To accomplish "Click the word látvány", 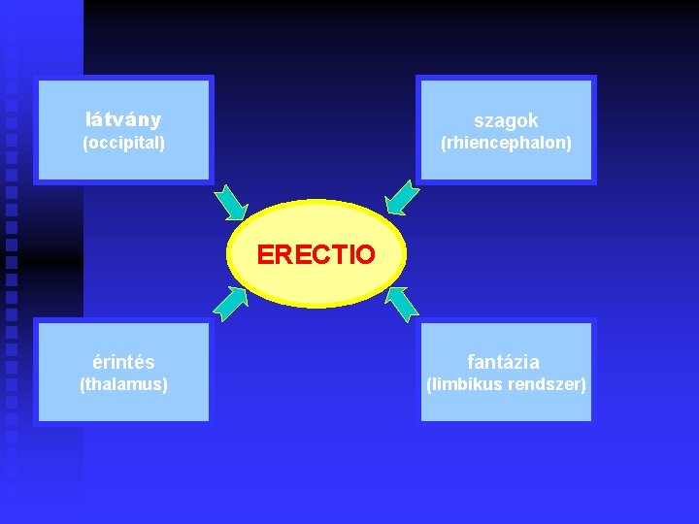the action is pos(123,120).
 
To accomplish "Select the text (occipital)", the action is pos(123,143).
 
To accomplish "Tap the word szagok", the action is pos(506,120).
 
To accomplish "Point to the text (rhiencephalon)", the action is pos(506,143).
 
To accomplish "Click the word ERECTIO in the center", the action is pos(316,255).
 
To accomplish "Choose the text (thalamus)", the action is pos(123,384).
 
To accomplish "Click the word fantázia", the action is pos(504,362).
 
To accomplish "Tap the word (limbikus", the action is pos(464,384).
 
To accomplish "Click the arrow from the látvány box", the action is pos(231,202).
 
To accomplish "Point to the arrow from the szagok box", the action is pos(402,197).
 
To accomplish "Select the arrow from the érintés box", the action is pos(230,304).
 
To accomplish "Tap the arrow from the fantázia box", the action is pos(401,304).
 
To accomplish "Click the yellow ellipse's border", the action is pos(316,202).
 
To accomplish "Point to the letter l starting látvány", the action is pos(88,120).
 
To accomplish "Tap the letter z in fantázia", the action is pos(517,363).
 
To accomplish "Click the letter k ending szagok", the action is pos(533,120).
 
